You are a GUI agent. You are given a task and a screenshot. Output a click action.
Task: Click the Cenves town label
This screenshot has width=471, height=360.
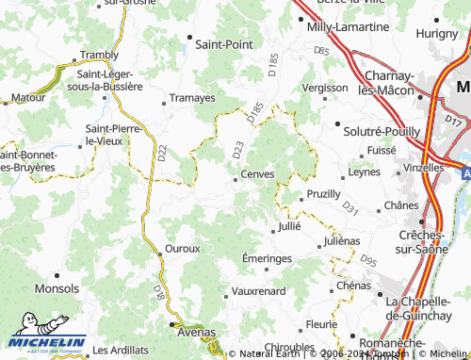pos(257,174)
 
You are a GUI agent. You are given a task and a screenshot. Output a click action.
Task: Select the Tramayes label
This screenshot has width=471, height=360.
pos(193,97)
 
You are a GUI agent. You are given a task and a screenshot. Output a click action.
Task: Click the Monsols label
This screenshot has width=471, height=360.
pos(57,287)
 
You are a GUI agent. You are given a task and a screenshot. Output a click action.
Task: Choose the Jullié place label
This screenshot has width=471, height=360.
pos(288,228)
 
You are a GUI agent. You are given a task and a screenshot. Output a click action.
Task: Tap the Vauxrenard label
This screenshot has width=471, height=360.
pos(258,291)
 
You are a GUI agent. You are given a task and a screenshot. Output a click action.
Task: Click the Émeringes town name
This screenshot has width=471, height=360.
pos(268,258)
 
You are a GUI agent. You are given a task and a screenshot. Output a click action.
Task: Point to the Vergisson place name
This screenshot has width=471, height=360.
pos(325,87)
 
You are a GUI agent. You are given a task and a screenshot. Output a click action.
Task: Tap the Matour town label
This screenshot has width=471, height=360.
pos(28,96)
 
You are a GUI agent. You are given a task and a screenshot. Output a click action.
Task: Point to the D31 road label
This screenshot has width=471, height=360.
pos(349,205)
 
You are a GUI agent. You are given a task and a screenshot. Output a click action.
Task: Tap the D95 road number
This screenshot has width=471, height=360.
pos(368,260)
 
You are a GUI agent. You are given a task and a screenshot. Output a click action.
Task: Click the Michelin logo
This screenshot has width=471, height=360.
pos(44,343)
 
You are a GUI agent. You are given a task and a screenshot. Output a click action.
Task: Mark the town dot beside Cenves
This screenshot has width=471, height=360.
pos(235,174)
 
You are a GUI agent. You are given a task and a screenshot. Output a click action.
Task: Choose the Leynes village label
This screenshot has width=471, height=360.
pos(363,172)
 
